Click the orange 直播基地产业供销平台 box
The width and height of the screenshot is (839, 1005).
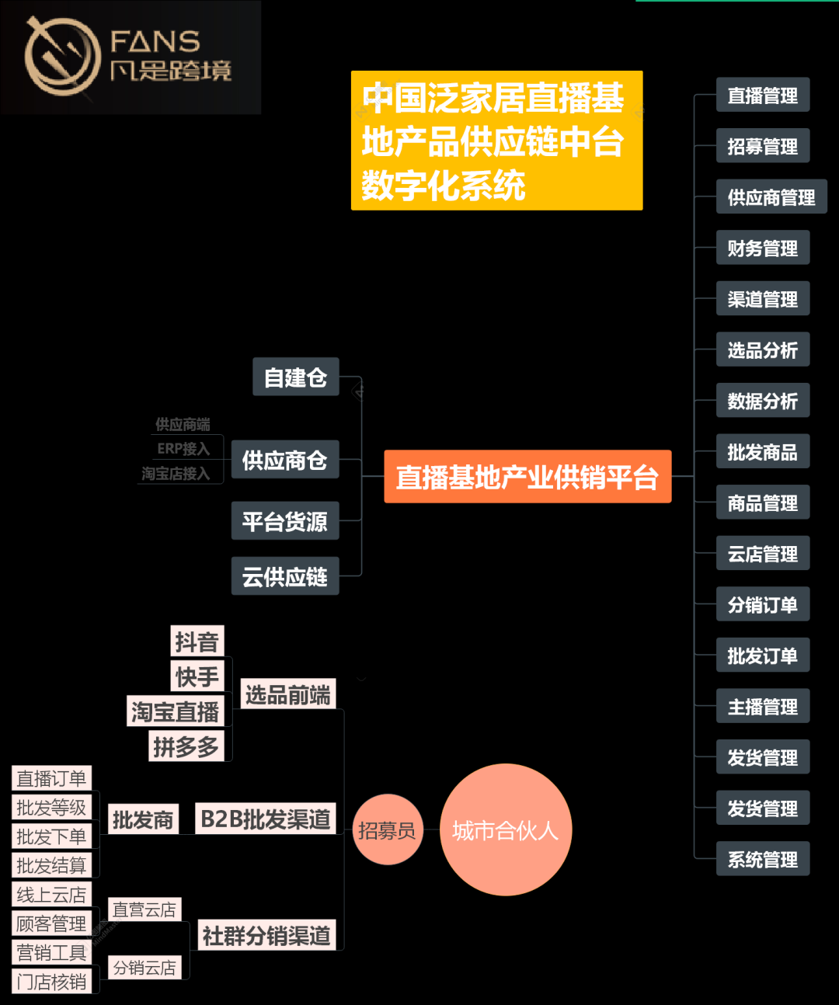[x=527, y=477]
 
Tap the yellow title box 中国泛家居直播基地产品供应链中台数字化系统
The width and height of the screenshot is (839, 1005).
[x=496, y=141]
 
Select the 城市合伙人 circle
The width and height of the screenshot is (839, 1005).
[x=506, y=830]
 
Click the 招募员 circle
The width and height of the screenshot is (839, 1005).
[x=387, y=830]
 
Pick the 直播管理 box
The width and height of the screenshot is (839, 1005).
[x=762, y=96]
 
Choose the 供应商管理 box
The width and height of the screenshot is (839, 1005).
[x=771, y=197]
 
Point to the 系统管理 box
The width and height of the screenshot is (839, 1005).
[x=762, y=859]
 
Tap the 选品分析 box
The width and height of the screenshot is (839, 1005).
[x=762, y=350]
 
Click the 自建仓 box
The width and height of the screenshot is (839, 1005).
[x=295, y=377]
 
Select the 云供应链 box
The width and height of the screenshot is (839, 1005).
[x=284, y=576]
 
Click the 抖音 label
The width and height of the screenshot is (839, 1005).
[x=197, y=642]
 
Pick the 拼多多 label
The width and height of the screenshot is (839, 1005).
[x=186, y=746]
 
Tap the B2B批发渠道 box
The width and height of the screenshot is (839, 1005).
[x=265, y=819]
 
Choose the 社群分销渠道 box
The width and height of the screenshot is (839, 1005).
[x=266, y=935]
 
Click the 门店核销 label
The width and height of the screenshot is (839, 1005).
[x=51, y=982]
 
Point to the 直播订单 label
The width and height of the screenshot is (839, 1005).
[x=51, y=778]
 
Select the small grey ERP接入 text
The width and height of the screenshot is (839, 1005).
[x=183, y=449]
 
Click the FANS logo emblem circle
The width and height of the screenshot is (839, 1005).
[x=62, y=56]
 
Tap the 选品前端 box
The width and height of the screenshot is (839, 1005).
[x=287, y=694]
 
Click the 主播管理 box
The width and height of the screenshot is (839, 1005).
[x=762, y=707]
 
